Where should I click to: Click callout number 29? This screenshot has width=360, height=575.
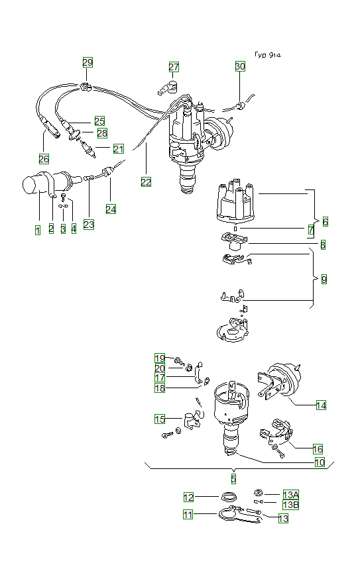(x=88, y=62)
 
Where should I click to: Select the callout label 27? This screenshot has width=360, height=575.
(x=174, y=67)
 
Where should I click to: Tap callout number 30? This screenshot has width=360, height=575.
(x=239, y=66)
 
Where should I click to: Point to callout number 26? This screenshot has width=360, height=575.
(x=44, y=158)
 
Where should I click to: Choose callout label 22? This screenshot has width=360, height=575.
(x=146, y=182)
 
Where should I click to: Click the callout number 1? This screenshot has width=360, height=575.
(x=38, y=229)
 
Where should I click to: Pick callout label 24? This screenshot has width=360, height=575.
(x=111, y=209)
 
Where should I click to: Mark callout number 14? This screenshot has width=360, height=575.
(x=321, y=405)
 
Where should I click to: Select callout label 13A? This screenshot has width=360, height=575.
(x=290, y=495)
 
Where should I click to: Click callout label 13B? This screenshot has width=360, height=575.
(x=290, y=505)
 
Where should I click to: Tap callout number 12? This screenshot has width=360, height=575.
(x=189, y=497)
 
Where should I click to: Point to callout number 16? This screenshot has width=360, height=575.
(x=318, y=448)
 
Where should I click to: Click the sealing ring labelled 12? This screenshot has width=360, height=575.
(x=228, y=497)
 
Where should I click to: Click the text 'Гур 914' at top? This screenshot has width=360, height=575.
(x=268, y=56)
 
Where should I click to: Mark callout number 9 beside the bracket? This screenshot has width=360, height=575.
(x=324, y=280)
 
